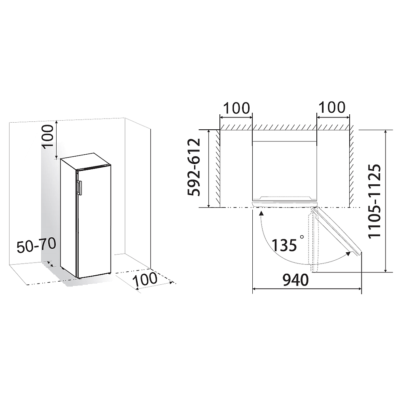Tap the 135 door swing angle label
(284, 245)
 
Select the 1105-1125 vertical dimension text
(374, 201)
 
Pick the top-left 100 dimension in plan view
(237, 108)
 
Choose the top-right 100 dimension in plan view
(332, 107)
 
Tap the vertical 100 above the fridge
(47, 136)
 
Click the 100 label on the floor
(145, 280)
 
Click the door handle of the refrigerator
(79, 188)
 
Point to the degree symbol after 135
(302, 237)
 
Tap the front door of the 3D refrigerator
(94, 221)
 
